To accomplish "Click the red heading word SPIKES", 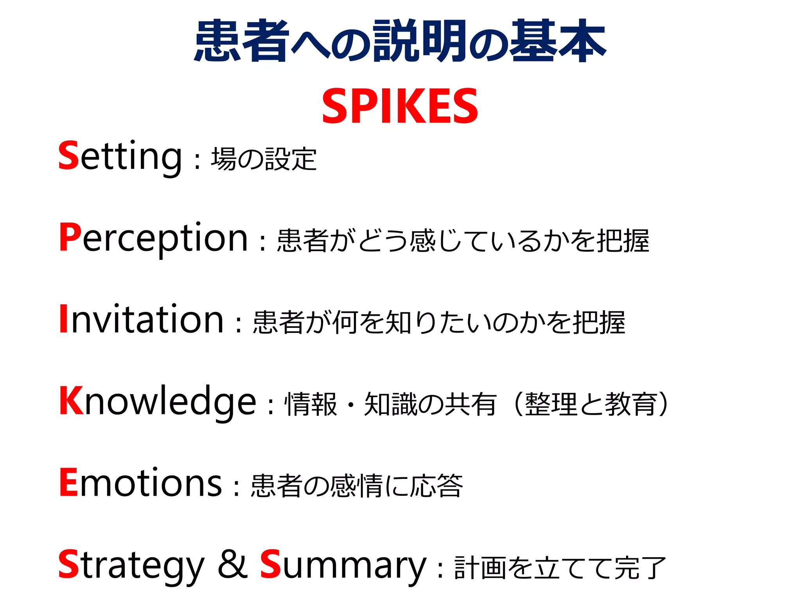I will tap(400, 106).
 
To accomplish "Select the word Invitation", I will tap(141, 320).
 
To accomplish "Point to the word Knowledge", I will tap(158, 402).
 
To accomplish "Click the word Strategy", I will tap(131, 566).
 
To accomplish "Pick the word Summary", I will tap(343, 566).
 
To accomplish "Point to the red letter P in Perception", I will tap(70, 236).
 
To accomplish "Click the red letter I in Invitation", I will tap(63, 319).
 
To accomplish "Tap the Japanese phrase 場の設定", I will tap(264, 159).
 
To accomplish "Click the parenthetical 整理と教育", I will tap(591, 404).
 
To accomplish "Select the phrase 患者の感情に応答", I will tap(356, 486).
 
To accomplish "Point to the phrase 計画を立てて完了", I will tap(560, 568).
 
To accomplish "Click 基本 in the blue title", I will tap(558, 41).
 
